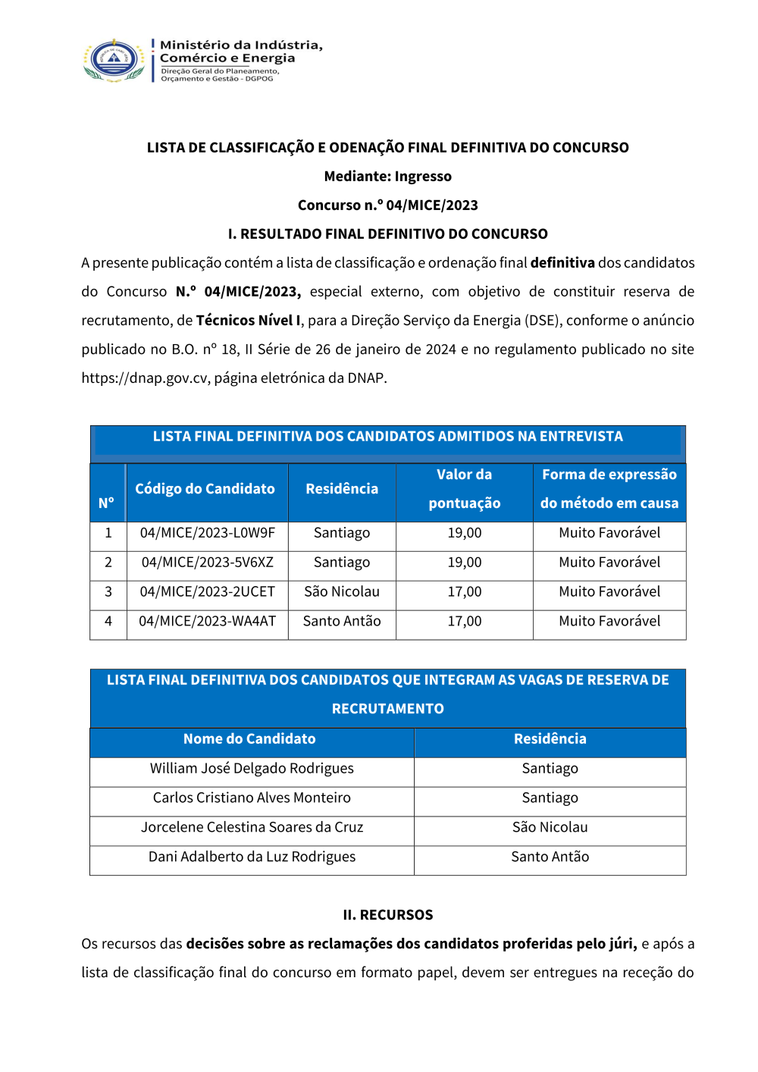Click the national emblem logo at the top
point(114,60)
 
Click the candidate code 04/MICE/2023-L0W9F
point(207,533)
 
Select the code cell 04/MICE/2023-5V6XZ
point(207,563)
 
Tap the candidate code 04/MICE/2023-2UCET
point(207,592)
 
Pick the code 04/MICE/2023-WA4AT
point(207,622)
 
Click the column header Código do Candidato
point(205,489)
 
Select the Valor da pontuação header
point(464,489)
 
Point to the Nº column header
point(107,503)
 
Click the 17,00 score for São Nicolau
point(464,592)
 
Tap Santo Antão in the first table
point(342,622)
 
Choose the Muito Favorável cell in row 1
point(609,533)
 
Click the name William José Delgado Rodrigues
point(252,769)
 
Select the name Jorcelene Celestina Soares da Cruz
point(252,828)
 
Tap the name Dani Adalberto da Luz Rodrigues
point(252,857)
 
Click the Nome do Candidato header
point(249,739)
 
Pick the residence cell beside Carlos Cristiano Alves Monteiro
point(550,798)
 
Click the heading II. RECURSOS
point(387,915)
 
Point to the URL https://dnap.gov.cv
point(144,378)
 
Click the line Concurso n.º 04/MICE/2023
point(387,205)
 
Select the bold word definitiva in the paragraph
point(562,263)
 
